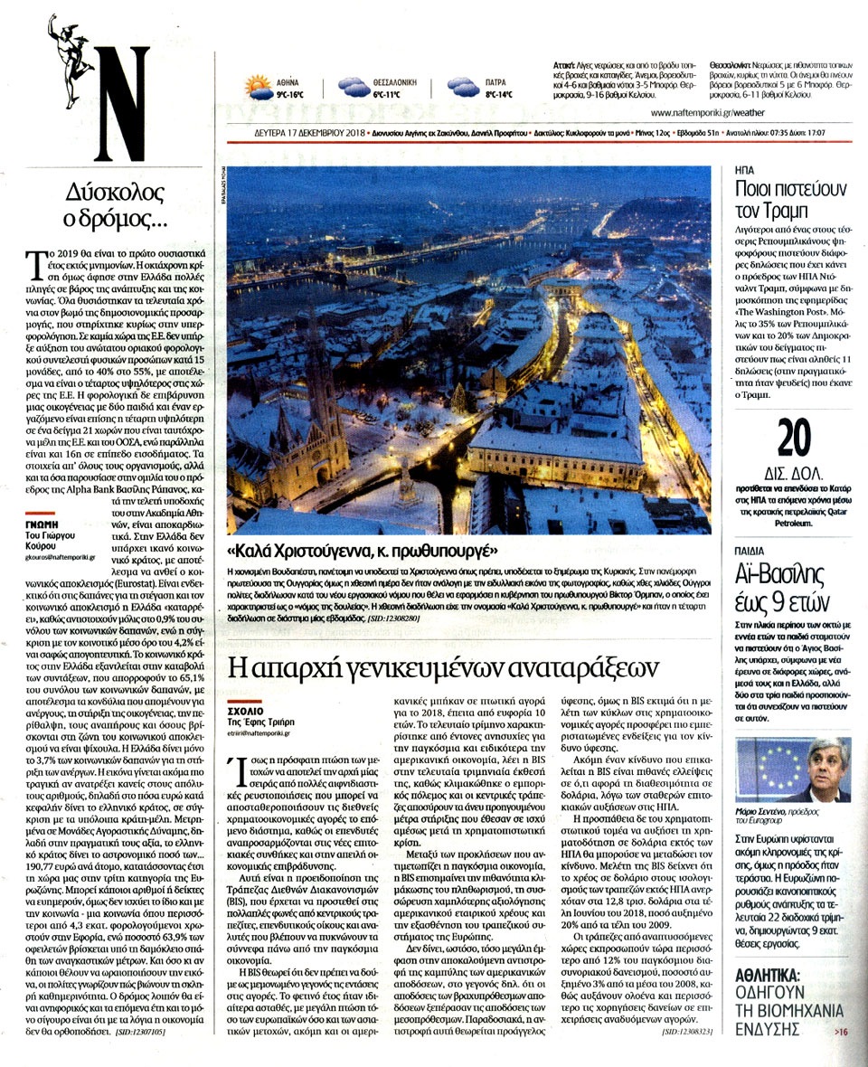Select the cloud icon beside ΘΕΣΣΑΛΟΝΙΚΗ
click(x=353, y=88)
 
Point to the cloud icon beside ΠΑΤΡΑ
click(x=462, y=88)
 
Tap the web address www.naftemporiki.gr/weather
click(x=749, y=114)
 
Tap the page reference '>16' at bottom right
click(x=841, y=1031)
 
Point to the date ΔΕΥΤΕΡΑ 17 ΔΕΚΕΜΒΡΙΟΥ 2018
click(x=309, y=133)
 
